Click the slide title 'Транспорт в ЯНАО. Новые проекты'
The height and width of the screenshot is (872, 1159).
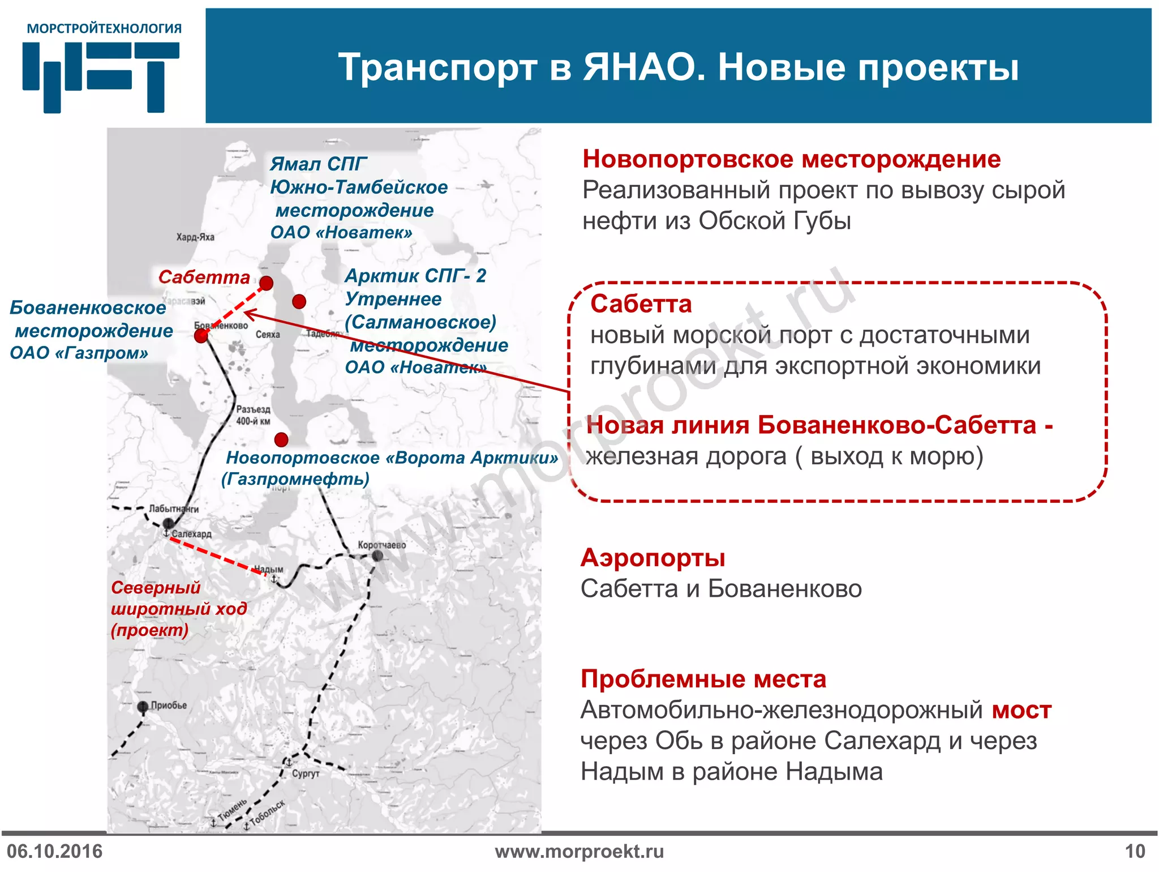click(678, 67)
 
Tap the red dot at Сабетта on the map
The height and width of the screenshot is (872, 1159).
click(266, 283)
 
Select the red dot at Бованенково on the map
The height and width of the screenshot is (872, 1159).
click(201, 336)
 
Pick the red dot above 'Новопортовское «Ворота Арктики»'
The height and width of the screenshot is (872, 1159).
click(281, 439)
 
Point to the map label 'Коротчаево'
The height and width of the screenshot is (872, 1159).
click(381, 545)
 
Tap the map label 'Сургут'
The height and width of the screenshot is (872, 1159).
click(306, 773)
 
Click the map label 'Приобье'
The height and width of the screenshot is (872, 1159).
click(169, 705)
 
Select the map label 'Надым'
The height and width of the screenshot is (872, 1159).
click(268, 569)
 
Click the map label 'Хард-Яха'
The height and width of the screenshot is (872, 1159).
click(195, 237)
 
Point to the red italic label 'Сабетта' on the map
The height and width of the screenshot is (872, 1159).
click(204, 277)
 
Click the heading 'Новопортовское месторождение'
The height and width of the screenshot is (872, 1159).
click(791, 159)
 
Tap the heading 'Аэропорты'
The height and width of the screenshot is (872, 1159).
click(653, 558)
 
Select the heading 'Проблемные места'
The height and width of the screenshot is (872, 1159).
click(703, 678)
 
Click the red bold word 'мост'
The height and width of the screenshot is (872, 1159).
click(1021, 709)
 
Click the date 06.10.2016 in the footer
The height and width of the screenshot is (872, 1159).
click(54, 851)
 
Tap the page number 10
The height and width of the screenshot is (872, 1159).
click(1135, 851)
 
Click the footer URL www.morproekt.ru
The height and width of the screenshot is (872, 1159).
click(579, 851)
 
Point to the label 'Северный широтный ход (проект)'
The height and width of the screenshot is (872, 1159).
click(178, 609)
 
